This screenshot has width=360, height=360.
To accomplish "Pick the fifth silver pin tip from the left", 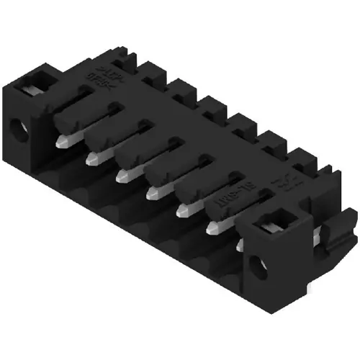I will coord(182,211).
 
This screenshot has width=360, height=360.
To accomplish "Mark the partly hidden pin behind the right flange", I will coord(240,246).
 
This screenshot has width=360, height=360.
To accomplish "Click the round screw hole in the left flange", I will coord(15,130).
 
